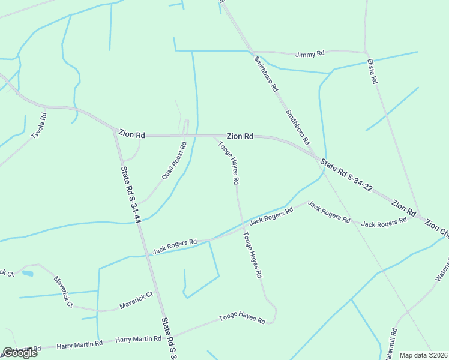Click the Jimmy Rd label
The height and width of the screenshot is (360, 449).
[x=310, y=54]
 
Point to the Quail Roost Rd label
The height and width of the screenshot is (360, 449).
[x=174, y=161]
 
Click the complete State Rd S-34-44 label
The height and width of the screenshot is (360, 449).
[x=131, y=195]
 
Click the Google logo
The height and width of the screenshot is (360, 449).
[x=20, y=353]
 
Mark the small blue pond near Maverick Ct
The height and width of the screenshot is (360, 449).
[x=28, y=274]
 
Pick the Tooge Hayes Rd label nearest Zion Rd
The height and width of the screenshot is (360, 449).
[x=229, y=162]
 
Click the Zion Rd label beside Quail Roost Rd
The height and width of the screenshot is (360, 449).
[x=132, y=135]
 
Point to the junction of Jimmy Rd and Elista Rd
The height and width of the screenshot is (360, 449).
[x=366, y=52]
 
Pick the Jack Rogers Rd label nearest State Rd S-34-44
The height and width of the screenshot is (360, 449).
[x=175, y=246]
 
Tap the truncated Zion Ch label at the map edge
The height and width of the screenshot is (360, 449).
[x=436, y=232]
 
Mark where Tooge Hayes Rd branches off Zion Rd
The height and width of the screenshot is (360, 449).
[x=214, y=136]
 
